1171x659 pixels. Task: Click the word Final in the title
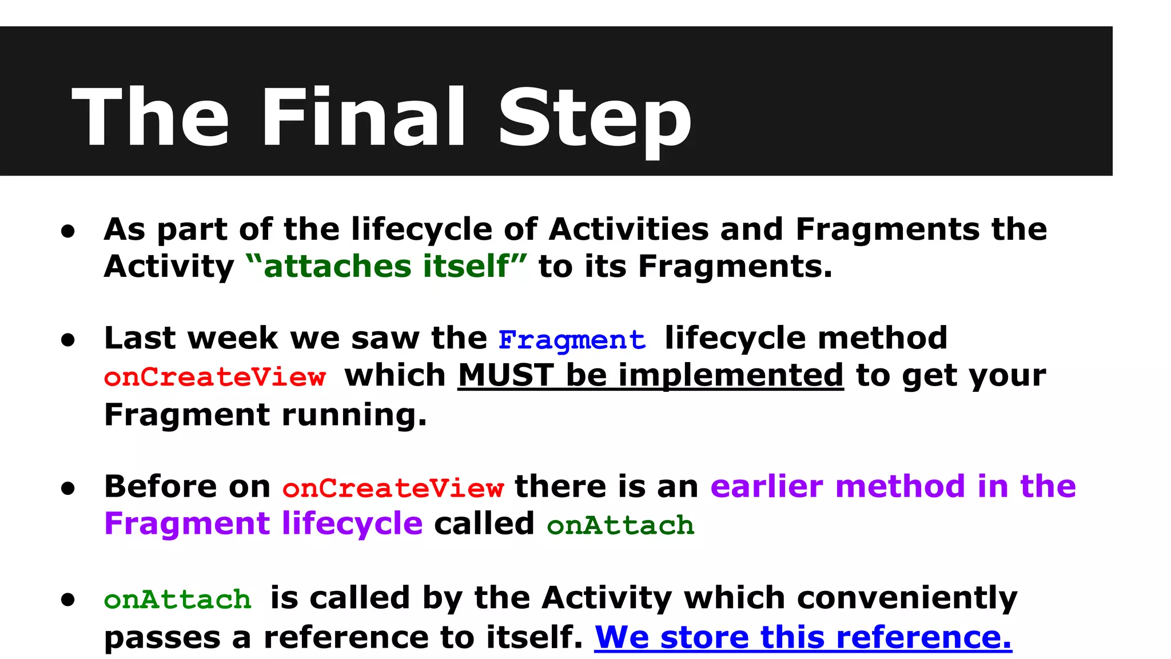[x=363, y=117]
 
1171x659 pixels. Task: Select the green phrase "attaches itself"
[x=387, y=267]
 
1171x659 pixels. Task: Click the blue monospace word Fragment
[x=572, y=340]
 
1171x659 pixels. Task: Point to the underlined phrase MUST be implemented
[x=651, y=376]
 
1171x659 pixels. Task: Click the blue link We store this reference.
[x=803, y=637]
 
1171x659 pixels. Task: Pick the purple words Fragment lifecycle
[x=263, y=524]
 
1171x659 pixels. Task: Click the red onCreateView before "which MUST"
[x=215, y=378]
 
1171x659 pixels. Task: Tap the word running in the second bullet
[x=355, y=415]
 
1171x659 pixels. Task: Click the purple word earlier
[x=766, y=487]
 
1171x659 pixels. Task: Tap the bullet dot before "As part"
[x=69, y=231]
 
